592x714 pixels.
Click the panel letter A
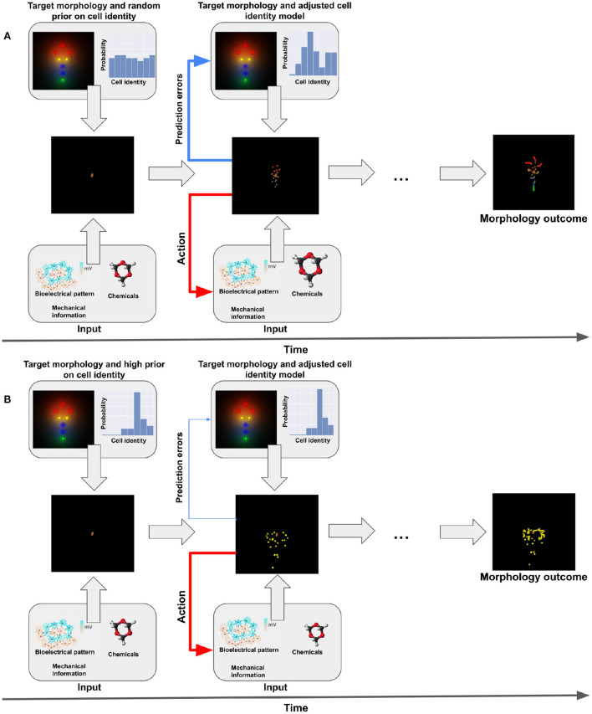pyautogui.click(x=8, y=35)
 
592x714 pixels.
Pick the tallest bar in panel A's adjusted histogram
pyautogui.click(x=309, y=54)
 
